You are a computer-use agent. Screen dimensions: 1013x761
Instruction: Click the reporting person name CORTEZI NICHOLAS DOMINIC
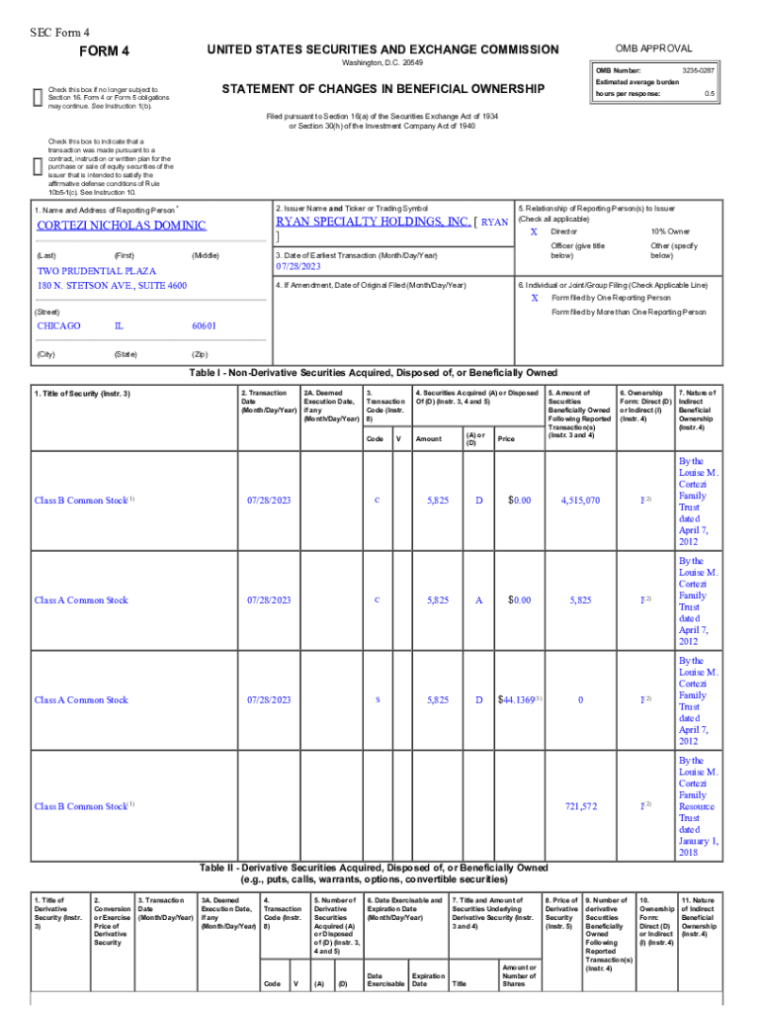122,226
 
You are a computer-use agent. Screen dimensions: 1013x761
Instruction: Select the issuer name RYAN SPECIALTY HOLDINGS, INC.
373,222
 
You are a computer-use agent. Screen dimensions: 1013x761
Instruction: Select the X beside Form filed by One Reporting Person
534,297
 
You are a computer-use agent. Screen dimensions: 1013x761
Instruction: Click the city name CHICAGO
59,325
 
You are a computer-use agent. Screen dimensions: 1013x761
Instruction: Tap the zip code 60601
204,325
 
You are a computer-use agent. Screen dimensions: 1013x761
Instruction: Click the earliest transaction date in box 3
299,267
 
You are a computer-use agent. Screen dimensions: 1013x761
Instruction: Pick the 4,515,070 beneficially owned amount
580,501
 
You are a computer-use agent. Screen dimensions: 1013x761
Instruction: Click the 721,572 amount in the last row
580,806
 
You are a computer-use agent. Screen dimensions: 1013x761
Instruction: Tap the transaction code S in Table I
378,699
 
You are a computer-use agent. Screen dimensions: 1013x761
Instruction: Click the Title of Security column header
83,394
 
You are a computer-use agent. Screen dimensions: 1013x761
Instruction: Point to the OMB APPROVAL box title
653,48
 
